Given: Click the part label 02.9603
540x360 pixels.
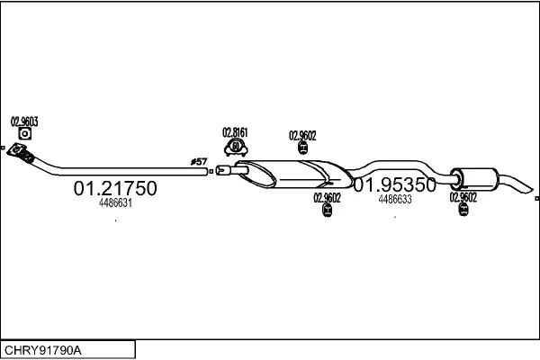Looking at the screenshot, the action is click(24, 121).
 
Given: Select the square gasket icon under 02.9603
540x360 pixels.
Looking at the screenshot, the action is click(25, 134).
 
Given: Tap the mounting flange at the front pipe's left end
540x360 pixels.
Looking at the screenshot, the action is click(16, 150).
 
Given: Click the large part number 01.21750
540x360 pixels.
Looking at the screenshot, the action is click(115, 188).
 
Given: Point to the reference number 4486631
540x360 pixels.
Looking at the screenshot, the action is click(115, 202).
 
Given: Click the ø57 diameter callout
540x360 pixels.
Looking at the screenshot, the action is click(199, 162).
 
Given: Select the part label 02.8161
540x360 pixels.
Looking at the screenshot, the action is click(235, 132).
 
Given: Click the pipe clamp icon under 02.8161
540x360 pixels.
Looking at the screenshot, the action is click(236, 147).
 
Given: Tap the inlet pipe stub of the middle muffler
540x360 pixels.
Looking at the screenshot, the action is click(231, 170).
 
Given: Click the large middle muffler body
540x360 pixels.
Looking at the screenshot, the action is click(294, 174).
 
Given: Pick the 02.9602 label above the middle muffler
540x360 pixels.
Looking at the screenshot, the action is click(302, 135).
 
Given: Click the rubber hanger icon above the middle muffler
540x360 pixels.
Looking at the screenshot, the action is click(302, 148).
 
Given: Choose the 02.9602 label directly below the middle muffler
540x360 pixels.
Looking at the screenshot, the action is click(327, 198).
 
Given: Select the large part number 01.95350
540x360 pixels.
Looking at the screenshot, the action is click(395, 185).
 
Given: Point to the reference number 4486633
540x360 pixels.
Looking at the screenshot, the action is click(395, 199).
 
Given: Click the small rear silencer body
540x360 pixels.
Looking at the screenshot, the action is click(474, 179).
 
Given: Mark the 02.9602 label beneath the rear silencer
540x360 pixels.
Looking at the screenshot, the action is click(463, 197).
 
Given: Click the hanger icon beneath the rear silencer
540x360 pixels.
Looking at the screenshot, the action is click(463, 209).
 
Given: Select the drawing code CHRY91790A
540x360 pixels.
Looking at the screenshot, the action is click(43, 350).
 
